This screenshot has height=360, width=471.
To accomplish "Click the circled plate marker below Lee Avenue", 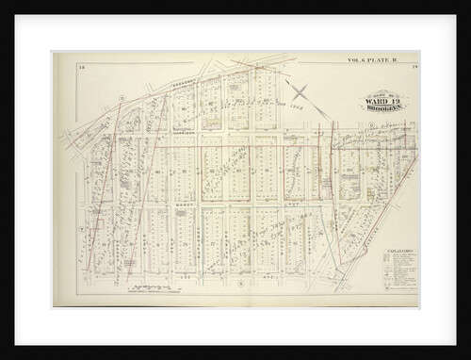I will click(x=241, y=283).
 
